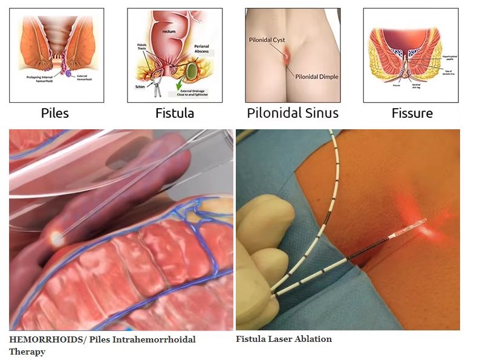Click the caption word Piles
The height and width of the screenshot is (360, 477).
[x=54, y=113]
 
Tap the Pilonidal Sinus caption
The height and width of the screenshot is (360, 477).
[x=293, y=113]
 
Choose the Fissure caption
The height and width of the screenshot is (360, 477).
[x=412, y=113]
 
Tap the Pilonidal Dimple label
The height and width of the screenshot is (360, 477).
[x=317, y=77]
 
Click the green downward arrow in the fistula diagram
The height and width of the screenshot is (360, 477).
[x=192, y=82]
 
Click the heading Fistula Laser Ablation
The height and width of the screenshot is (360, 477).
[x=284, y=339]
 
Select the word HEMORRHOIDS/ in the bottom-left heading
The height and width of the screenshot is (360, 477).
[x=48, y=339]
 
